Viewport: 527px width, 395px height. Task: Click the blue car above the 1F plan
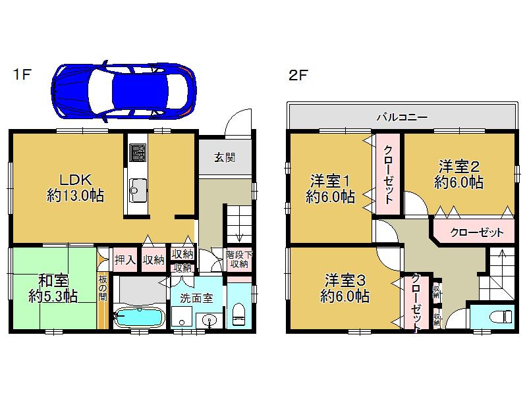125,91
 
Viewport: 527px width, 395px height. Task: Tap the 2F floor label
298,74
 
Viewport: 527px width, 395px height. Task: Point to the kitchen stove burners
138,155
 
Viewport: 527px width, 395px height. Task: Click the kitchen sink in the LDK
138,192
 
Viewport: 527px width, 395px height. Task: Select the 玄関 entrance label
224,158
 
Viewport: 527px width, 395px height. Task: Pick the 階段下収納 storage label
238,259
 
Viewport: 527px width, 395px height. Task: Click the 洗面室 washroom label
198,298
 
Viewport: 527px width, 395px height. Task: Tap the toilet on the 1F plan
239,313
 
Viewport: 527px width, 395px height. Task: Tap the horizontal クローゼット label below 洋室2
477,232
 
